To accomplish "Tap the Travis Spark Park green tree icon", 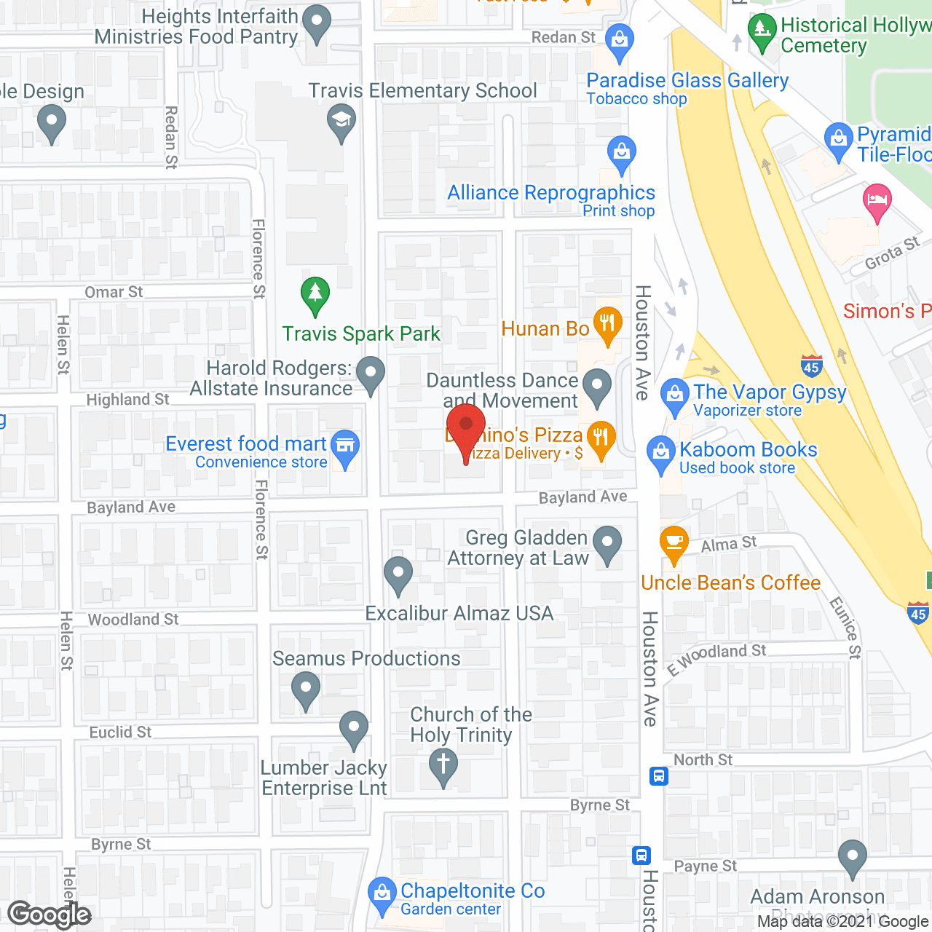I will [315, 295].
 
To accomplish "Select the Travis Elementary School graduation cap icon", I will [341, 122].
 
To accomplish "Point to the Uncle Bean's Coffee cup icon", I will [674, 543].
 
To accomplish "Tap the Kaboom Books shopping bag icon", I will [661, 453].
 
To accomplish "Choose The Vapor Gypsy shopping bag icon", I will [675, 395].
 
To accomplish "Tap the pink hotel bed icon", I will [877, 201].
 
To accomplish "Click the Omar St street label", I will [114, 292].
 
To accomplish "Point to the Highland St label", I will [127, 400].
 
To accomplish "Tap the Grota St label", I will [892, 253].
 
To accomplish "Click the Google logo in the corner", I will [50, 915].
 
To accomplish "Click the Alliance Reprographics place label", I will [551, 193].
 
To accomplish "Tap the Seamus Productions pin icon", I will [306, 689].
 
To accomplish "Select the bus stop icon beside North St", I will [659, 775].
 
